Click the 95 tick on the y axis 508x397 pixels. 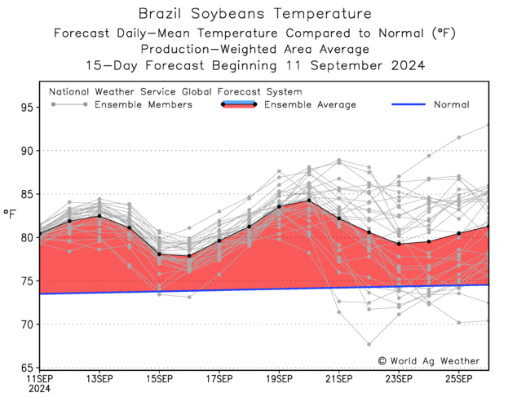[27, 108]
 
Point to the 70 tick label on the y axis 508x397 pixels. [27, 324]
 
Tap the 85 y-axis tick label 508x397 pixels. [27, 194]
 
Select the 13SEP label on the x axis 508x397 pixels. [99, 379]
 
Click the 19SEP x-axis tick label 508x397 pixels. [280, 379]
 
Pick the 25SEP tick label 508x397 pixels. [459, 379]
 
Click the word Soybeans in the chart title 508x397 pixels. [230, 14]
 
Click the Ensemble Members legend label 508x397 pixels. [144, 104]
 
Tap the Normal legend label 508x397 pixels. [451, 104]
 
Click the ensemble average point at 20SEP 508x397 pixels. [309, 201]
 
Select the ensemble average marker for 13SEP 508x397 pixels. [99, 216]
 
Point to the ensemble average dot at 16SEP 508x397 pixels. [189, 256]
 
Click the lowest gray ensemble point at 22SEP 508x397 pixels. [369, 344]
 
